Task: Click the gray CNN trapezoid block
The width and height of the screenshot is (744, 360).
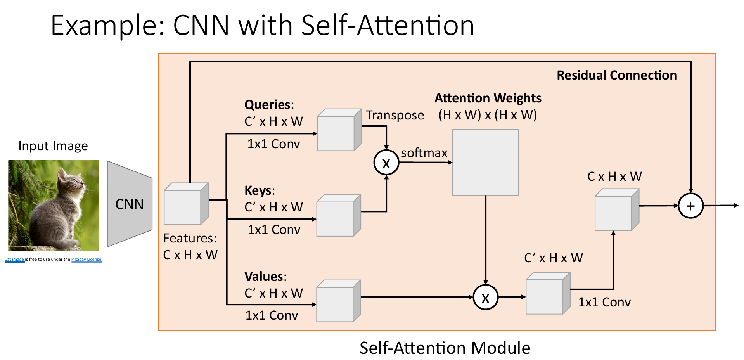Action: click(129, 204)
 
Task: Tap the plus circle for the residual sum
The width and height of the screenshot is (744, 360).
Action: click(690, 206)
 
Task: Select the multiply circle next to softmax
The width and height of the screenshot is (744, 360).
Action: click(386, 163)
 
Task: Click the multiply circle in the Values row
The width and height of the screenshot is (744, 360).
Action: click(485, 298)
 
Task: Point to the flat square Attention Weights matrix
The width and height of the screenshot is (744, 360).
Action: click(485, 162)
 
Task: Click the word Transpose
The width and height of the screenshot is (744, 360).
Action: click(394, 115)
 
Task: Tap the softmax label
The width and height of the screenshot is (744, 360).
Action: click(424, 153)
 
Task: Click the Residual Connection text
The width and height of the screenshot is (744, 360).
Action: click(616, 75)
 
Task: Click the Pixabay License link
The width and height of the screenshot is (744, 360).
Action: click(86, 259)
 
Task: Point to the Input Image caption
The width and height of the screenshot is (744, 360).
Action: click(53, 146)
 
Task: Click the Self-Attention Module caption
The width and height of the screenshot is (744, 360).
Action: click(445, 348)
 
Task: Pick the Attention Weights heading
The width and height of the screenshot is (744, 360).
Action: click(488, 98)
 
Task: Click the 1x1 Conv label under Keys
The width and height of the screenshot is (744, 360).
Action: click(274, 230)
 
